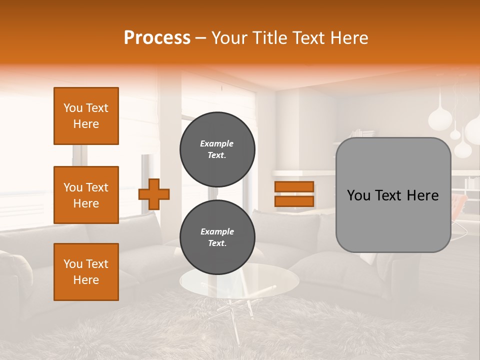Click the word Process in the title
[157, 37]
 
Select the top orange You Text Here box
[86, 116]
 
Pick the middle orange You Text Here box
[86, 195]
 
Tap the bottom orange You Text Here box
[86, 272]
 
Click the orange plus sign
[154, 193]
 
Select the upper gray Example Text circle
[217, 149]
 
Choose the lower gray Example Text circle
[217, 237]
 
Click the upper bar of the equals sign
[294, 187]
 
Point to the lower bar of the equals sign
[294, 201]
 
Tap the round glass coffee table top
[239, 280]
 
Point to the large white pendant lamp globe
[441, 120]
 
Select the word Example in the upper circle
[217, 143]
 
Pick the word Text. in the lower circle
[217, 243]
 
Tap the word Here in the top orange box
[86, 124]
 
